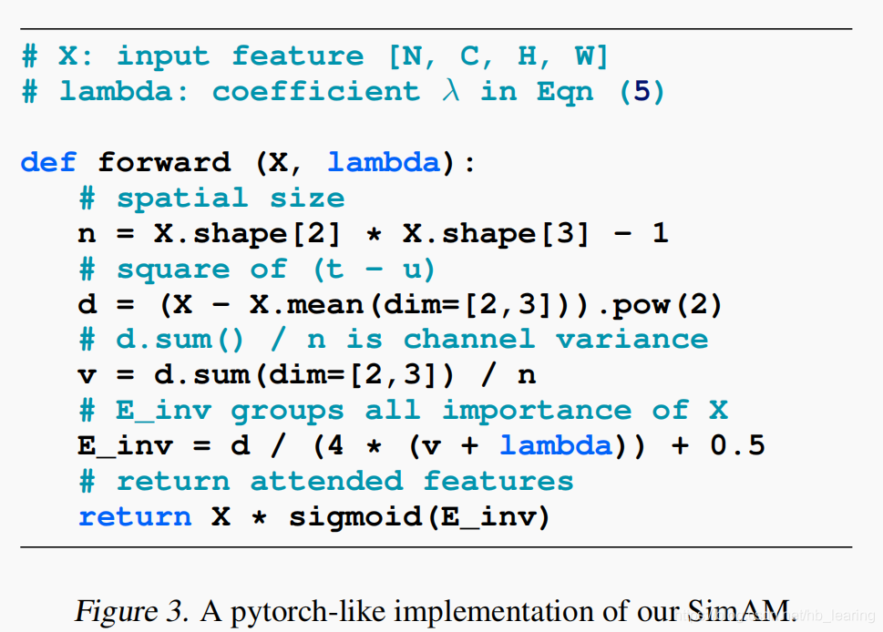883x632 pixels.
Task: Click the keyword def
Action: point(49,163)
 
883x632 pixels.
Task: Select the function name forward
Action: point(164,163)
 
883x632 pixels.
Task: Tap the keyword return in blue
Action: point(135,517)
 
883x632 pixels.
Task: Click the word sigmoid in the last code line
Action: point(354,517)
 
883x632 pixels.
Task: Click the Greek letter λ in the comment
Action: point(450,91)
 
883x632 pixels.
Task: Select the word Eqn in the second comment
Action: point(565,92)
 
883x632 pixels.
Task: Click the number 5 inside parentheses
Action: point(642,92)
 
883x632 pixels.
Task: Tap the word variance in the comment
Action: point(631,340)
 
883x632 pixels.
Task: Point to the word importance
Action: point(536,411)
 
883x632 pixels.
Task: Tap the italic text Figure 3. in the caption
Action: point(132,609)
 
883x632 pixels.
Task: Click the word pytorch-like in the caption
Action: point(300,610)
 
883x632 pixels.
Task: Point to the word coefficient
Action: point(316,92)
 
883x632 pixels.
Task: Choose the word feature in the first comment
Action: point(297,56)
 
